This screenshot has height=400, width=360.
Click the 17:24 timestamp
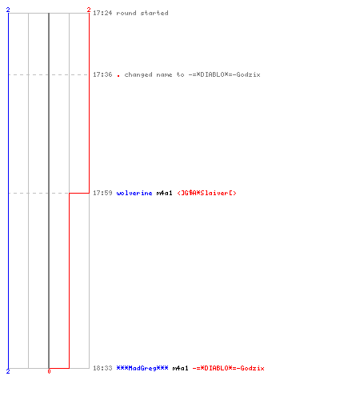[x=102, y=13]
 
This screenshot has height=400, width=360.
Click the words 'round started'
[x=142, y=13]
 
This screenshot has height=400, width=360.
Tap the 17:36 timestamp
[x=102, y=74]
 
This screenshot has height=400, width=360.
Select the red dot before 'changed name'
[x=118, y=76]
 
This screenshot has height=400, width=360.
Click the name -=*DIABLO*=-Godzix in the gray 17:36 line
[x=224, y=74]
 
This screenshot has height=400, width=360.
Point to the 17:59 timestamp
[x=102, y=193]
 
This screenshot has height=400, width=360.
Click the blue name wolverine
[x=134, y=193]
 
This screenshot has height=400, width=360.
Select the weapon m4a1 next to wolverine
[x=164, y=193]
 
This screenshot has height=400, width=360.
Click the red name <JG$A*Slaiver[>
[x=206, y=193]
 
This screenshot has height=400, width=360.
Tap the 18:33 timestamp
[x=102, y=368]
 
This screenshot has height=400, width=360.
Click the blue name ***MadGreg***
[x=142, y=368]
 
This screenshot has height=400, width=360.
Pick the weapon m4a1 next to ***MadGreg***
[x=180, y=368]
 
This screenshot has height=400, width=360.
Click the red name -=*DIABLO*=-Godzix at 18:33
[x=228, y=368]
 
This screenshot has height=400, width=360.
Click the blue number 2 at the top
[x=8, y=10]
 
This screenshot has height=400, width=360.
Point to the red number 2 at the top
[x=89, y=10]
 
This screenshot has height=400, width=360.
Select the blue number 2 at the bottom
[x=8, y=371]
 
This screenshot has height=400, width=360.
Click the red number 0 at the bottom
[x=49, y=371]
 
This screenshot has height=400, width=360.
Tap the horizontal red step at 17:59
[x=79, y=193]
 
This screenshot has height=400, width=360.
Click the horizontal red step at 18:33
[x=59, y=368]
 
